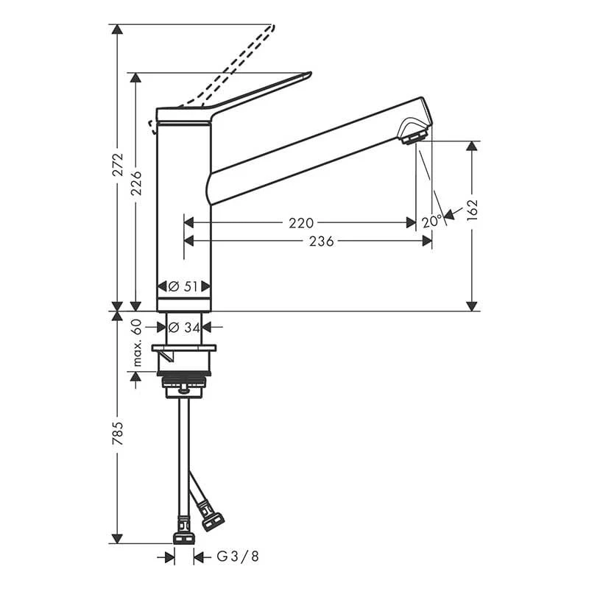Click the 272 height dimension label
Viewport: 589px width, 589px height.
118,164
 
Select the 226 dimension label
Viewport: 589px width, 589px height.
136,183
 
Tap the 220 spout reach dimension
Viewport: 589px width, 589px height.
301,223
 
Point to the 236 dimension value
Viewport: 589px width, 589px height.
322,241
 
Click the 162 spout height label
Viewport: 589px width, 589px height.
472,211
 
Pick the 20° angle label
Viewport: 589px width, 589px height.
431,222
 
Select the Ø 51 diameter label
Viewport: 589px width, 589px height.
183,286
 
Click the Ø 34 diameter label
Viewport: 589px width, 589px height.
185,328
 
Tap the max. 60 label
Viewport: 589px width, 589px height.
137,342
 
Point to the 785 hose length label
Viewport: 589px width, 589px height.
118,434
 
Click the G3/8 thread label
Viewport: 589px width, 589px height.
238,557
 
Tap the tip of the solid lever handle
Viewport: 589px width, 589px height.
310,72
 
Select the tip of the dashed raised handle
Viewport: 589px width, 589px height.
273,26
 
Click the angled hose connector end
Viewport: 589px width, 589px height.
213,521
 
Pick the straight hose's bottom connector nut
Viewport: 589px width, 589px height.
185,538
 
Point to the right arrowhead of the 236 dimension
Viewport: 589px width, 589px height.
427,241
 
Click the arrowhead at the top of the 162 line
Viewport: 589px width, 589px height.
472,146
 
